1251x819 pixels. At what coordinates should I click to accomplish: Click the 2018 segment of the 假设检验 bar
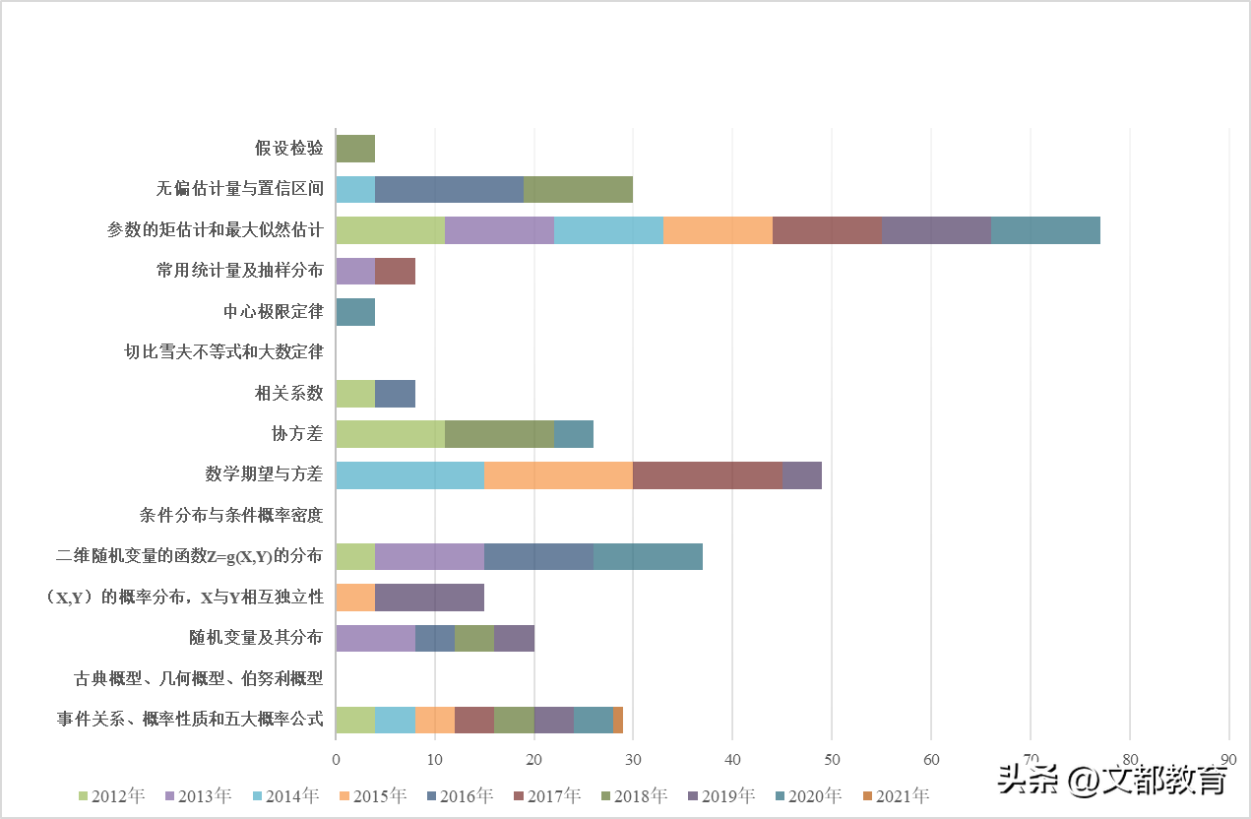[355, 149]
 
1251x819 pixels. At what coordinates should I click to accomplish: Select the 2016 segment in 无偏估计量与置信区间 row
[449, 189]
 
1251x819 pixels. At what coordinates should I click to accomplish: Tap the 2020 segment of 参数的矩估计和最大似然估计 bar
[1045, 230]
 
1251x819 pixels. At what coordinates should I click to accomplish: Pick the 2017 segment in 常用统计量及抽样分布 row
[395, 271]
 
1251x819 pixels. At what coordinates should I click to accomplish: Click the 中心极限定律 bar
[355, 312]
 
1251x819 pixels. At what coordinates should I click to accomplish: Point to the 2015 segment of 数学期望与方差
[558, 475]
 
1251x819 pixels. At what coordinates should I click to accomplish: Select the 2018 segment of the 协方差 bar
[499, 434]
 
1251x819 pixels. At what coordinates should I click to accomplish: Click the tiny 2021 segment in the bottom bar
[618, 721]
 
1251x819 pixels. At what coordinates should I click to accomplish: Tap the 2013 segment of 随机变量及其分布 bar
[375, 639]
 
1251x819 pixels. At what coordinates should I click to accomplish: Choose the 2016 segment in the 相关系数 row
[395, 394]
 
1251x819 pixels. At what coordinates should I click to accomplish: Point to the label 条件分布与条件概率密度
[231, 515]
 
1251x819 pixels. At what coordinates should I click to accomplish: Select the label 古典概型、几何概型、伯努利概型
[199, 679]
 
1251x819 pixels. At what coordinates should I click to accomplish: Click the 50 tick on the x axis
[832, 760]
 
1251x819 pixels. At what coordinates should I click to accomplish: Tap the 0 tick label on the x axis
[336, 760]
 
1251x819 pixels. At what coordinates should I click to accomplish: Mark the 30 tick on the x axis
[633, 760]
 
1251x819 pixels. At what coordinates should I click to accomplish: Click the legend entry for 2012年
[110, 795]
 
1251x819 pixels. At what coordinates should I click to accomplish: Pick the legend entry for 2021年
[895, 795]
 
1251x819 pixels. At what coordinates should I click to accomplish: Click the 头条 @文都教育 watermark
[1112, 781]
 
